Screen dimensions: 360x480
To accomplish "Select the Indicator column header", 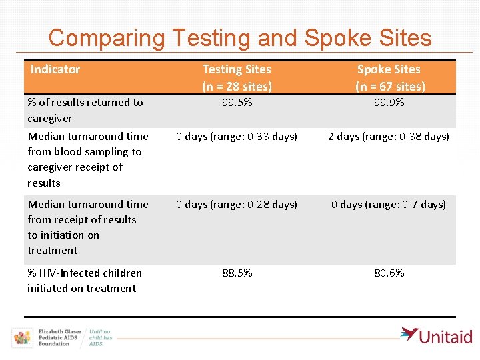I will (x=55, y=69).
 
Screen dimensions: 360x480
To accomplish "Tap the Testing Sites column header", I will (x=237, y=69).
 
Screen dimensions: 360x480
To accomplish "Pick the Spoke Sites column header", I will (x=389, y=69).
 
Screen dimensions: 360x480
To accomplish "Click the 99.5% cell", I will (x=237, y=103).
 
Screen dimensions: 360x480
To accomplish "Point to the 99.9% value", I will (x=389, y=103).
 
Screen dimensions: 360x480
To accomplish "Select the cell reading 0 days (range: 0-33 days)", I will (x=237, y=137).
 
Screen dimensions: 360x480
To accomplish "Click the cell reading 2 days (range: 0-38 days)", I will (x=389, y=137).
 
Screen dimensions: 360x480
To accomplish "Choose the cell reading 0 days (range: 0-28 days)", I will (x=237, y=205).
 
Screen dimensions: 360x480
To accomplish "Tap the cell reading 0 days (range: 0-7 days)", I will (x=389, y=205).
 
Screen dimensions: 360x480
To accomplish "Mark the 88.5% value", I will (x=237, y=273).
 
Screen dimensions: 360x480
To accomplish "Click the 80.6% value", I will (x=389, y=273).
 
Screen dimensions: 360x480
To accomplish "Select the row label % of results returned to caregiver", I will (x=85, y=110).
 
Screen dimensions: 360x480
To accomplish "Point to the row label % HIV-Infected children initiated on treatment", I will (x=84, y=281).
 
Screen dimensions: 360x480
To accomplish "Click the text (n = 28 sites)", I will (x=237, y=86).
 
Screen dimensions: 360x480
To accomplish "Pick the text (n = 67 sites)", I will (x=390, y=86).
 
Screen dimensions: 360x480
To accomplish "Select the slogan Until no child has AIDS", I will (x=101, y=337).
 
